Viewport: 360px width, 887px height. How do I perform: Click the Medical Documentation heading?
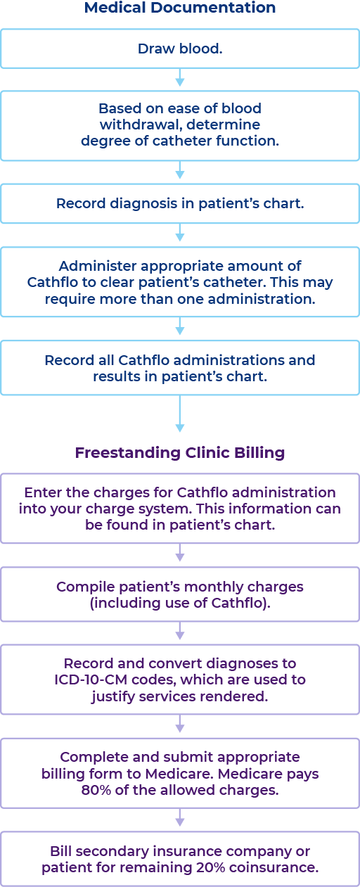(x=180, y=8)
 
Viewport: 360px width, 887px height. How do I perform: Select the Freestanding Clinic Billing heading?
(x=180, y=452)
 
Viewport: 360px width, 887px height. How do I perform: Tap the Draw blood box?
(x=180, y=49)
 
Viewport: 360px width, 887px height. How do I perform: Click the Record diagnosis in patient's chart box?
(x=180, y=203)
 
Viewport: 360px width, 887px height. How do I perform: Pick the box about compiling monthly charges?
(x=180, y=594)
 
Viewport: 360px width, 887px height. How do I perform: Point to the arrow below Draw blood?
(x=180, y=77)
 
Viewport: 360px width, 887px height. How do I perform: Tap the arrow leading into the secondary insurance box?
(x=180, y=818)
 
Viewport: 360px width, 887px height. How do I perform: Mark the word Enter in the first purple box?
(x=41, y=492)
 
